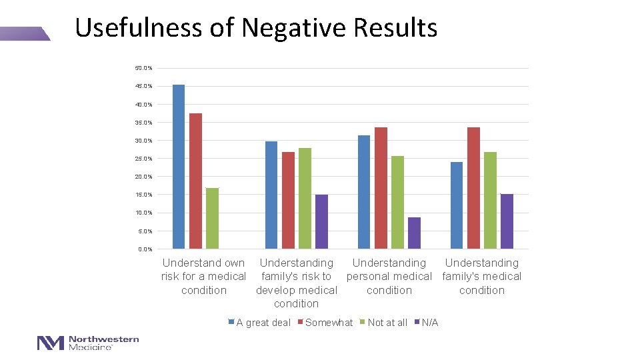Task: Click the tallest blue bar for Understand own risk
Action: [179, 167]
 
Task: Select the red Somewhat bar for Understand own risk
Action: [195, 181]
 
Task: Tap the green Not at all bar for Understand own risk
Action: [212, 218]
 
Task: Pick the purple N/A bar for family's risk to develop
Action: [321, 221]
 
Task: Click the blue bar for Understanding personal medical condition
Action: [364, 192]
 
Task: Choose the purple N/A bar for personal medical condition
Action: [414, 233]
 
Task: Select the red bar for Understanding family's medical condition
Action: [473, 188]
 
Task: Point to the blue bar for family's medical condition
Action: [457, 205]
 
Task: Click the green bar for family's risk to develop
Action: [305, 198]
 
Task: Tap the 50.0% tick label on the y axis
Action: [143, 68]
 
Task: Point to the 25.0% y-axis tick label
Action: [143, 159]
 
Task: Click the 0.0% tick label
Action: [145, 249]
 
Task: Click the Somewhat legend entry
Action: [329, 323]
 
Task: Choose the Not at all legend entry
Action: [387, 323]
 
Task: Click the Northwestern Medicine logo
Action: [88, 343]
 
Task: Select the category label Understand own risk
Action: [203, 277]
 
